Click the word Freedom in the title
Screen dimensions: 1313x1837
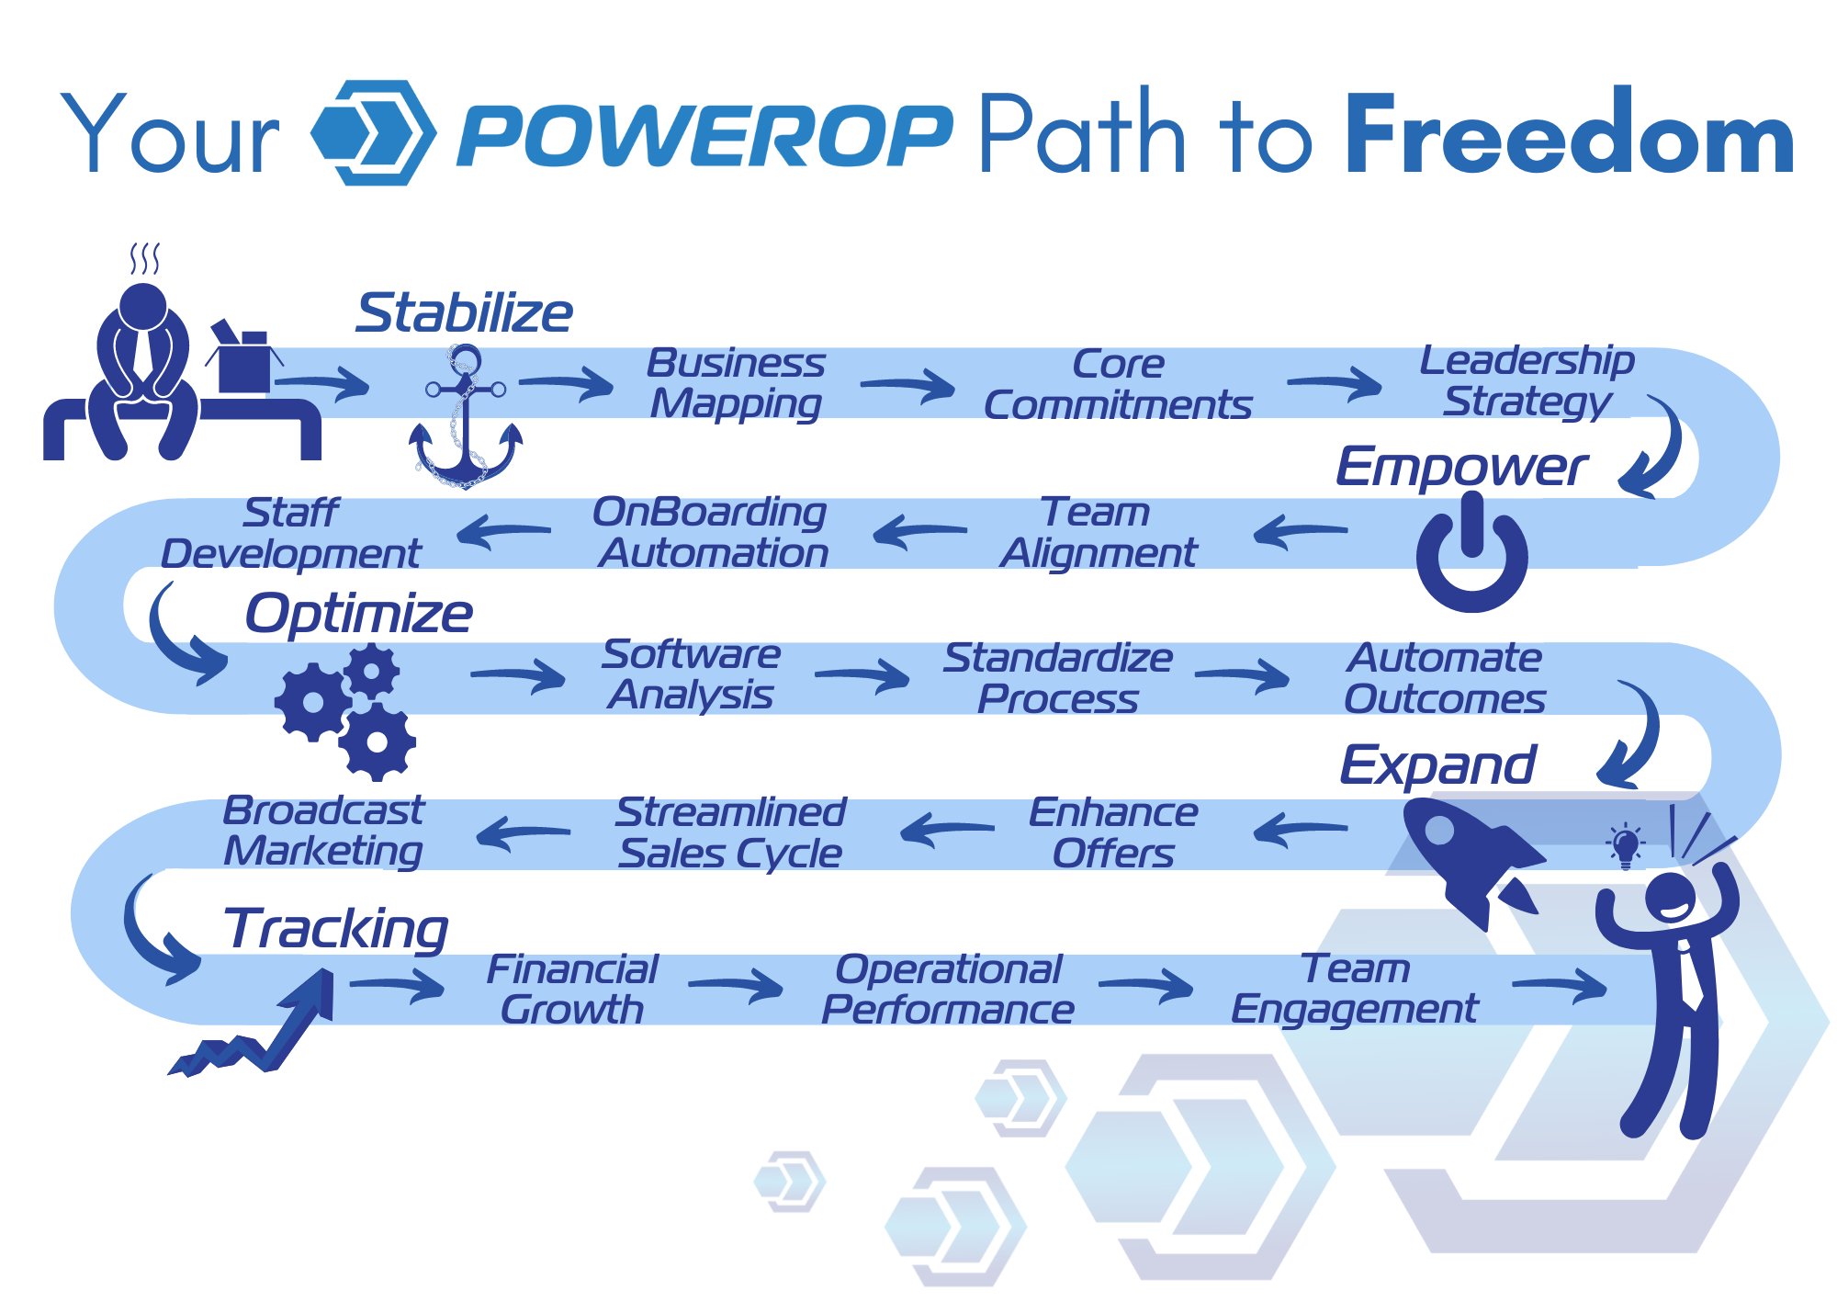click(x=1569, y=135)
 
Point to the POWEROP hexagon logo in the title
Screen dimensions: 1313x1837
click(x=372, y=133)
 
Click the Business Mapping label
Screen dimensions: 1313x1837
click(x=736, y=383)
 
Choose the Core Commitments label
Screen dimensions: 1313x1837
click(x=1117, y=385)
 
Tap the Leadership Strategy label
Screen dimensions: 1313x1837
click(x=1527, y=381)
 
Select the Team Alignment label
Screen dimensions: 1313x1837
click(x=1098, y=533)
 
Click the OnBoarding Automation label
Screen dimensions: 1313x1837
click(x=711, y=533)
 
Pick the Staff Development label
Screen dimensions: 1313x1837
click(x=291, y=534)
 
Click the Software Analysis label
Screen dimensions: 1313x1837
click(x=691, y=675)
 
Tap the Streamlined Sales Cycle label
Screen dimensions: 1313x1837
click(x=730, y=832)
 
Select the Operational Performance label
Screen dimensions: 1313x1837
click(x=947, y=990)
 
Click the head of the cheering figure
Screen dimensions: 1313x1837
click(x=1670, y=897)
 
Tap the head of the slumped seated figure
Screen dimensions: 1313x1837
click(x=143, y=306)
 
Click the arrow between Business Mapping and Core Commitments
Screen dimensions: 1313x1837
click(x=907, y=386)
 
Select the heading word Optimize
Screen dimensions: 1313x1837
click(x=358, y=613)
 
